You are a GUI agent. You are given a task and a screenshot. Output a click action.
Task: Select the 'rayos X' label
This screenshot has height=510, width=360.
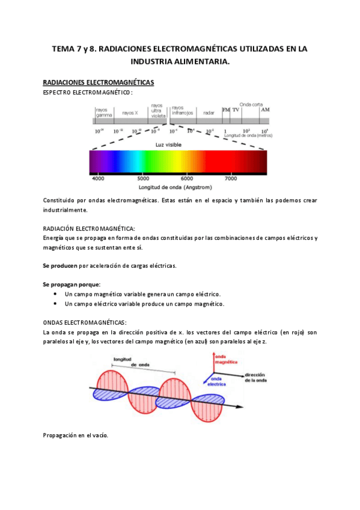coord(130,112)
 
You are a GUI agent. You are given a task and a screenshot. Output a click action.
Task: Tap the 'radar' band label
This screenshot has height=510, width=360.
coord(209,112)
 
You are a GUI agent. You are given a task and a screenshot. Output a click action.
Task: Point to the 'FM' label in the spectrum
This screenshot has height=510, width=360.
coord(226,110)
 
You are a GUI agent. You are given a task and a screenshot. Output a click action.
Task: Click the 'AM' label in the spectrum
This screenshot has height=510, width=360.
coord(265,110)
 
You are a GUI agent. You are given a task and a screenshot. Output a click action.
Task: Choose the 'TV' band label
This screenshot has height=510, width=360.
coord(236,110)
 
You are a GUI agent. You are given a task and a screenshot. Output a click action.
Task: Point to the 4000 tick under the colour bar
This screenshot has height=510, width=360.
coord(98,178)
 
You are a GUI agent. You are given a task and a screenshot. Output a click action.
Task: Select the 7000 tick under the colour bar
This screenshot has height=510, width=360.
coord(230,178)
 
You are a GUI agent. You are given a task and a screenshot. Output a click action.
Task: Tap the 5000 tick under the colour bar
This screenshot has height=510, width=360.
coord(142,178)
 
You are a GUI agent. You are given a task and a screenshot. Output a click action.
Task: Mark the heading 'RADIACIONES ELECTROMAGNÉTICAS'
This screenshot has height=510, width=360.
coord(99,82)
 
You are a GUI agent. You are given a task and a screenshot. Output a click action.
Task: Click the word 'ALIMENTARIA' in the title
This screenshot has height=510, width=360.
coord(200,61)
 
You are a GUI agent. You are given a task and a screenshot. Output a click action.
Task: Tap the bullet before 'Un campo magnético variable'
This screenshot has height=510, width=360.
coord(56,294)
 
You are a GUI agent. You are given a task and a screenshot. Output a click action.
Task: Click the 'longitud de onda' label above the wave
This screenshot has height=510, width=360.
coord(132,362)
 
